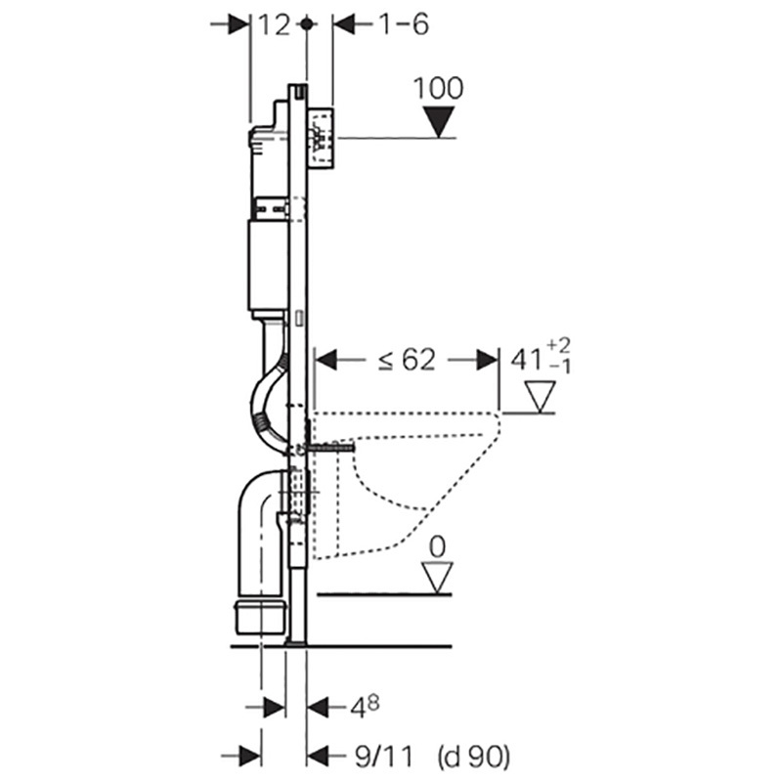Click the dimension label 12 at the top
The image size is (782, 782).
coord(275,25)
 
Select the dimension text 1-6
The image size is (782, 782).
coord(404,25)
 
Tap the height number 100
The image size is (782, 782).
coord(438,88)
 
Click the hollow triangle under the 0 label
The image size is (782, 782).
coord(436,575)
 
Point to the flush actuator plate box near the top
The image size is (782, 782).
coord(323,137)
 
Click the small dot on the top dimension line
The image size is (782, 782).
coord(307,24)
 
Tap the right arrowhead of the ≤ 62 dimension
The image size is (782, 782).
coord(486,361)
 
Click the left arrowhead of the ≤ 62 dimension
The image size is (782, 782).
coord(326,361)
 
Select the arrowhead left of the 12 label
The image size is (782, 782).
coord(238,24)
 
